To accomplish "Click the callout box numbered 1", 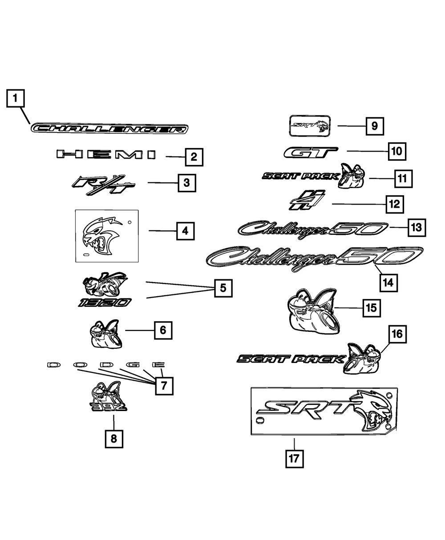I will (x=15, y=98).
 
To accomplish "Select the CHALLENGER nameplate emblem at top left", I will (x=109, y=129).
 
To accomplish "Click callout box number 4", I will (x=185, y=231).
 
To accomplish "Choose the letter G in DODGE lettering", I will (x=132, y=365).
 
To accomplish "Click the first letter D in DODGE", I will (x=54, y=365).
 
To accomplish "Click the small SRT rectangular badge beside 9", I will (x=310, y=125).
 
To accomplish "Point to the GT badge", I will (x=311, y=153).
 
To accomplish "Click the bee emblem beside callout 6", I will (x=104, y=334).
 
